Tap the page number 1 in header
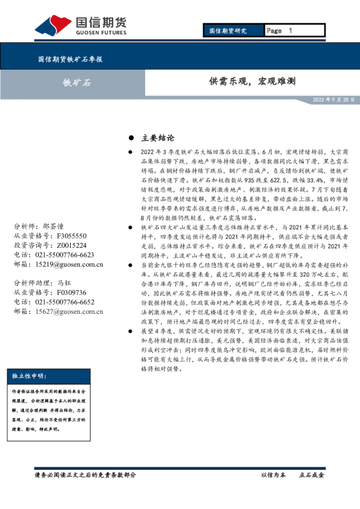(x=290, y=30)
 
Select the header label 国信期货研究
(x=227, y=30)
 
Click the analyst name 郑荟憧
(x=54, y=226)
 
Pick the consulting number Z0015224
(x=71, y=245)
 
